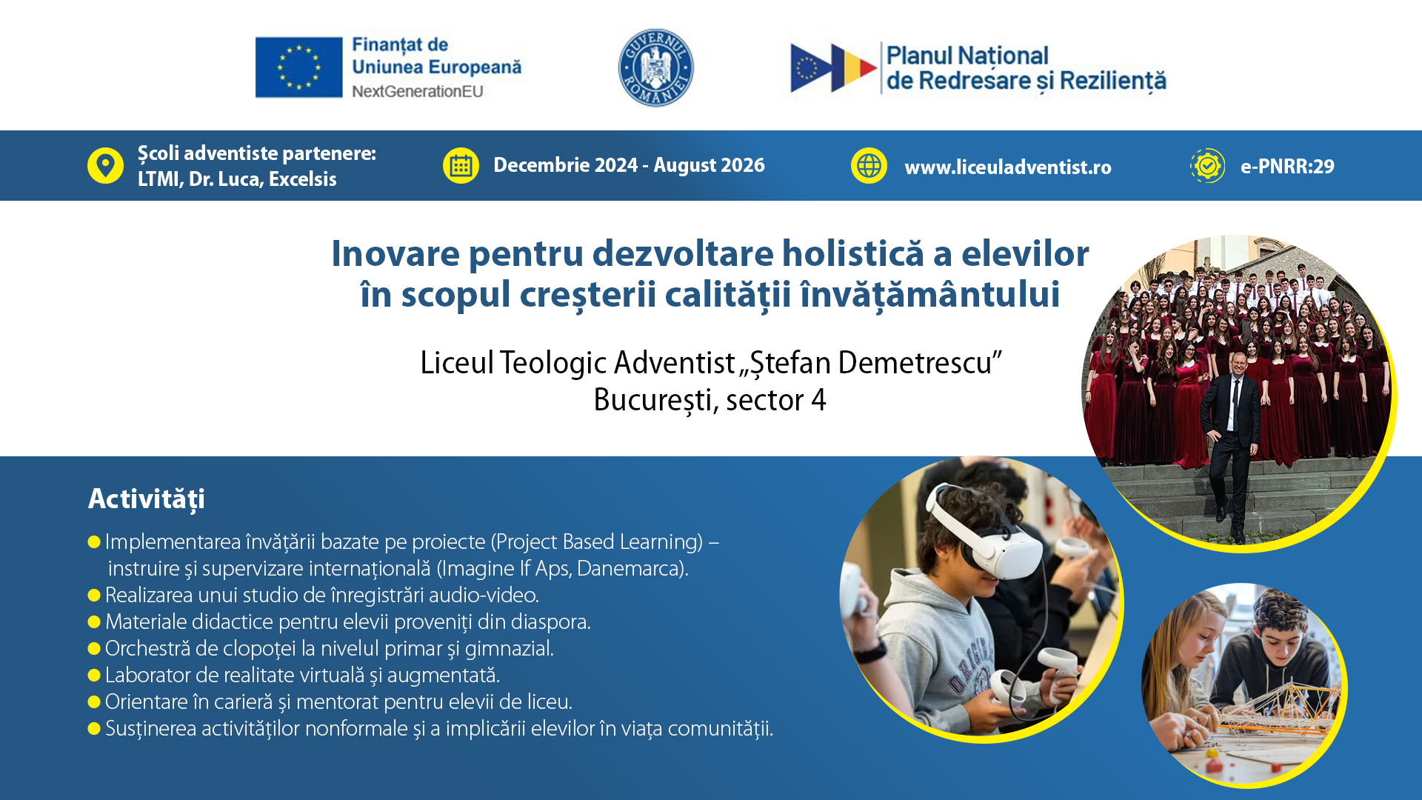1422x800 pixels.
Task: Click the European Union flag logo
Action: pos(298,67)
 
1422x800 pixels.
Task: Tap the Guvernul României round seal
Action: pos(655,68)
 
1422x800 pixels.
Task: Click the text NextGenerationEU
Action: pos(418,91)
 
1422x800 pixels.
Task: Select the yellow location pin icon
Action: pos(105,165)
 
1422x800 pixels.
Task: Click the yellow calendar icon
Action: pos(461,165)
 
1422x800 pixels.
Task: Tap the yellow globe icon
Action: pos(869,165)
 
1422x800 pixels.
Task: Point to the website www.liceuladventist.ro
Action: pos(1008,167)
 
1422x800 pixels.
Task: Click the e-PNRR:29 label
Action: pos(1287,167)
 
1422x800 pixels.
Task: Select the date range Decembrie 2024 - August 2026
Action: pos(629,165)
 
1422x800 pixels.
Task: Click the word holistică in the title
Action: pos(852,253)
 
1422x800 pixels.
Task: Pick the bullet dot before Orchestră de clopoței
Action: pos(94,649)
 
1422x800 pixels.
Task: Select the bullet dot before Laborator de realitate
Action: pos(94,676)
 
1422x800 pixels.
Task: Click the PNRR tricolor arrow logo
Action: pos(833,68)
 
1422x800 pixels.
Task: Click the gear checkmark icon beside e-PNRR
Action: pos(1207,165)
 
